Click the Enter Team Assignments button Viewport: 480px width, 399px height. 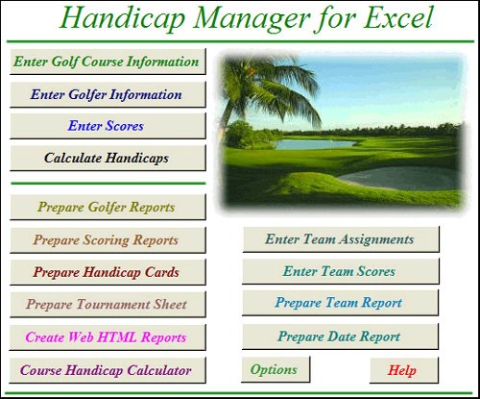(x=340, y=239)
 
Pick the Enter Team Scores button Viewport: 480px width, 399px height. (x=340, y=271)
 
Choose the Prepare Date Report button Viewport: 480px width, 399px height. (x=340, y=337)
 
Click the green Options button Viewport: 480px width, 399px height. (x=275, y=369)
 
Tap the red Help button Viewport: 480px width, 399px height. (x=403, y=370)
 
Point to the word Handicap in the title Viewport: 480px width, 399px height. (x=123, y=18)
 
